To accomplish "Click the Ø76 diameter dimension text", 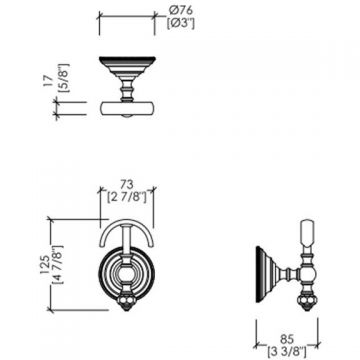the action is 181,11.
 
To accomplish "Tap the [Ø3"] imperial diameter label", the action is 180,24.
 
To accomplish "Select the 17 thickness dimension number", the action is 48,81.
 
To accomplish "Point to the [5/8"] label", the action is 63,78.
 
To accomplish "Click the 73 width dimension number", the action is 127,184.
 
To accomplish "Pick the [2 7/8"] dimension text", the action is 127,197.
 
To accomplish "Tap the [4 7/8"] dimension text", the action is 58,264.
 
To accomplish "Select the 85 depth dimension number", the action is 286,340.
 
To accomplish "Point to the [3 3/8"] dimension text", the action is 287,352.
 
